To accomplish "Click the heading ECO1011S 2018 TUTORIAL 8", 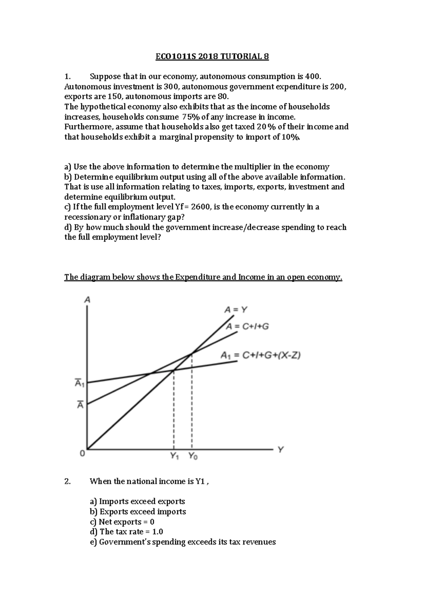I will coord(212,57).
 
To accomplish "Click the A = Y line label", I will coord(236,310).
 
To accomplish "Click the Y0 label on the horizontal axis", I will coord(193,456).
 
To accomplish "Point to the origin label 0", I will coord(82,453).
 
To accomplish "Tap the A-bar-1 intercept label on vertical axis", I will coord(79,383).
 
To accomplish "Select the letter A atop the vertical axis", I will coord(87,300).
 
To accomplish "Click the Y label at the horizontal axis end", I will coord(281,449).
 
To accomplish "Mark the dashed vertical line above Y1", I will coord(174,410).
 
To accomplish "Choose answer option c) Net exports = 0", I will coord(122,522).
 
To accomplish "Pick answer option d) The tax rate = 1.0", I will coord(126,531).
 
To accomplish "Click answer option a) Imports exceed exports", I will coord(137,501).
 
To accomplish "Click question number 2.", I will coord(67,481).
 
